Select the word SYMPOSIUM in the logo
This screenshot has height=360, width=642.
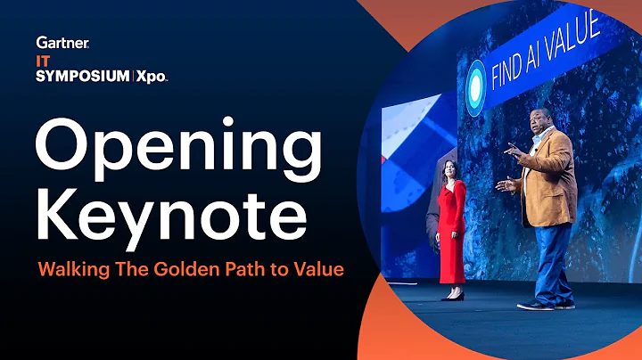point(81,76)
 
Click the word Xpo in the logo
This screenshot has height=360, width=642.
point(151,76)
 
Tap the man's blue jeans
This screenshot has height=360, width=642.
point(547,258)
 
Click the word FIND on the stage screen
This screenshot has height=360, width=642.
point(515,66)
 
